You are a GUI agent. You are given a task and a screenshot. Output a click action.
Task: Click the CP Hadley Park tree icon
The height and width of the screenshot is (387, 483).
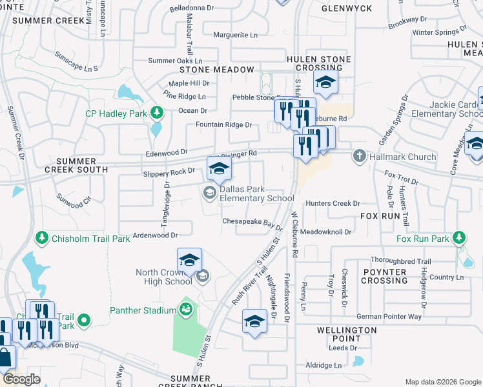tap(156, 114)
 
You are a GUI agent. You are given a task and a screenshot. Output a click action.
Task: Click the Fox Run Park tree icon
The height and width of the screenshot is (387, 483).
tap(459, 238)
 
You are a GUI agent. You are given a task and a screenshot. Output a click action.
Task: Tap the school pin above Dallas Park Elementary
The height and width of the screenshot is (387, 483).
tap(219, 169)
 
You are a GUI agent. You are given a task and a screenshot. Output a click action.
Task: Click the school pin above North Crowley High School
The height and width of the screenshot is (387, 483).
tap(189, 260)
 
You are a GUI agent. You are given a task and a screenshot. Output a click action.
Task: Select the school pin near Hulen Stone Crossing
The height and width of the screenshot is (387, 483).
tap(325, 83)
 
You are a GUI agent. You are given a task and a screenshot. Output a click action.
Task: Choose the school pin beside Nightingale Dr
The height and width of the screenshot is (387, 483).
tap(254, 321)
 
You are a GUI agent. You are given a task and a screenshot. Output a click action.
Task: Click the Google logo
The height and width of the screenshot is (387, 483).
tap(21, 379)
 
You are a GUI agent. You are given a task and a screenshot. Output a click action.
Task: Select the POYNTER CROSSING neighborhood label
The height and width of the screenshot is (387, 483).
tap(384, 276)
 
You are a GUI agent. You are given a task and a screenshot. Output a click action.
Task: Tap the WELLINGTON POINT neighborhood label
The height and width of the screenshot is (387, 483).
tap(347, 334)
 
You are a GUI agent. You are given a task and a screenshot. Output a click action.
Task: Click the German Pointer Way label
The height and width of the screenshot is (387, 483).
tap(389, 317)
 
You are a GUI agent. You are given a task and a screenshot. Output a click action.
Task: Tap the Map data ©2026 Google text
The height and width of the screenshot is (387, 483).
tap(442, 382)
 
